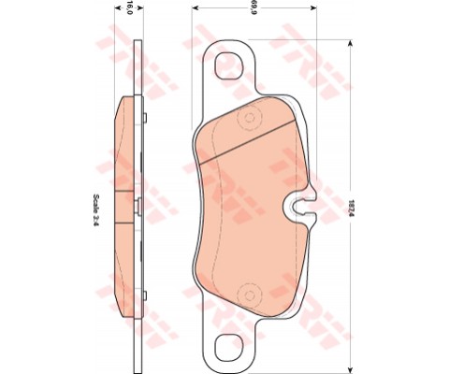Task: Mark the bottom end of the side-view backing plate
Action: coord(140,367)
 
